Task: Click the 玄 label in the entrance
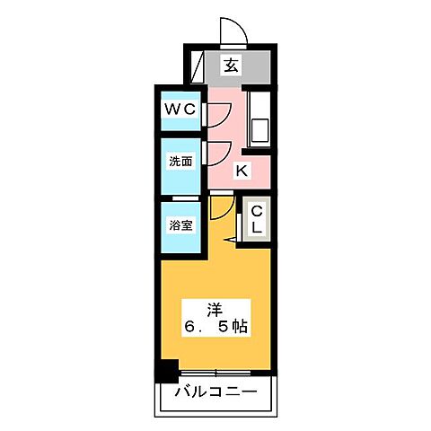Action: tap(232, 65)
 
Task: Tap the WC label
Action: tap(180, 110)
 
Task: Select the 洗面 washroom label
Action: tap(180, 163)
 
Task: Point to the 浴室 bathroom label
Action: tap(180, 224)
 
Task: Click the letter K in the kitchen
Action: tap(241, 171)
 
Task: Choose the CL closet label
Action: tap(257, 220)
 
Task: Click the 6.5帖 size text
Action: tap(215, 328)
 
